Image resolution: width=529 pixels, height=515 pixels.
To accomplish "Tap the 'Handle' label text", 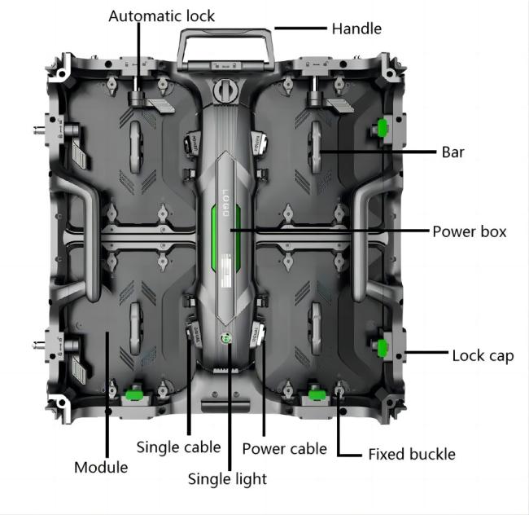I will (x=356, y=29).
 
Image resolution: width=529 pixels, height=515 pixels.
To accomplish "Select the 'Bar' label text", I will (x=452, y=152).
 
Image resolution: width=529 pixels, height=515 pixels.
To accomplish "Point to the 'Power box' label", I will (x=469, y=232).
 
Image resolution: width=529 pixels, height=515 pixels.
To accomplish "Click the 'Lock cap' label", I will (x=483, y=355).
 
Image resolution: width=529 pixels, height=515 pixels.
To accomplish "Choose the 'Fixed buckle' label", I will (x=412, y=454).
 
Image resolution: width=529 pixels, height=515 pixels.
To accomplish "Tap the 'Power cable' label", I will (x=285, y=448).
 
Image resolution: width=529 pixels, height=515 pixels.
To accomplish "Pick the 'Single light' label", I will (x=227, y=479).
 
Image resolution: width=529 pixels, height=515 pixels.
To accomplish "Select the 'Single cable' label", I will (x=178, y=447).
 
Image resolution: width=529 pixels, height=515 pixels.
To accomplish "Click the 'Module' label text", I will (x=101, y=467).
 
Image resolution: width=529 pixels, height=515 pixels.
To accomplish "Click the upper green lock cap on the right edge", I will (x=382, y=127).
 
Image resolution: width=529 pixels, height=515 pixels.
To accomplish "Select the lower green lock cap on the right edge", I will (x=382, y=349).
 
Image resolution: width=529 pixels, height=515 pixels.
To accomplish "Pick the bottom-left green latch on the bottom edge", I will (x=133, y=396).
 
